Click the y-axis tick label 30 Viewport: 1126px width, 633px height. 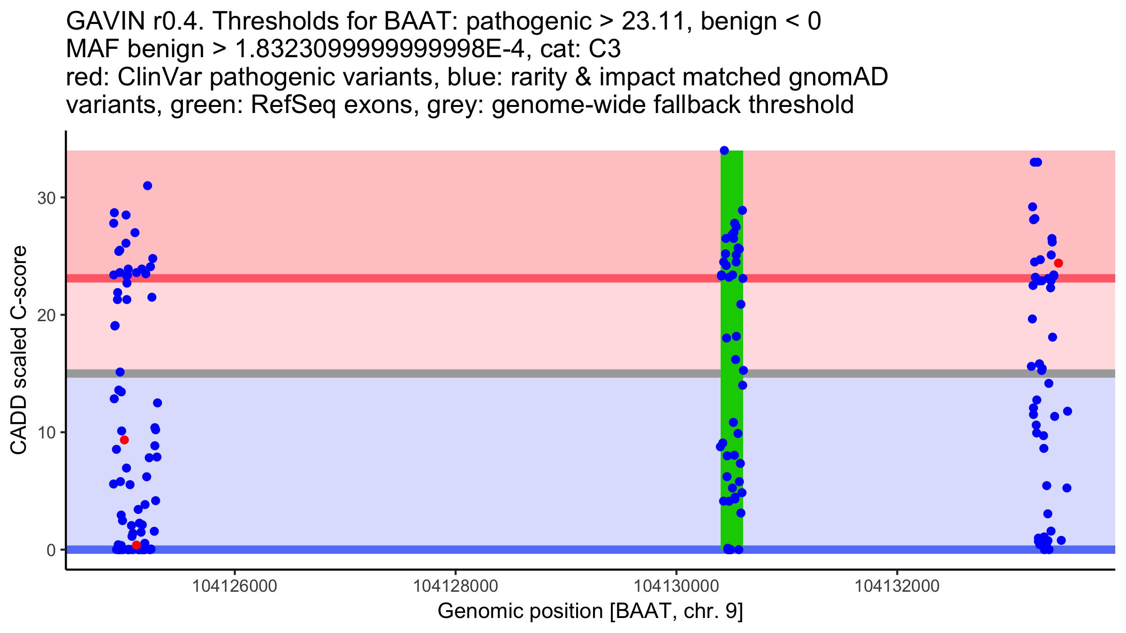46,198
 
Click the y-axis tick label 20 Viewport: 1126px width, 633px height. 46,315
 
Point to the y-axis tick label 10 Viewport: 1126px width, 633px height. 46,432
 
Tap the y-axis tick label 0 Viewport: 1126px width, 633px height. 51,550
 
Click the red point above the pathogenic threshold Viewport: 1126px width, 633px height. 1058,263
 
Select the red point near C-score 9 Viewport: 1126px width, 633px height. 124,440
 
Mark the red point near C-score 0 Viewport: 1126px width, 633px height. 136,545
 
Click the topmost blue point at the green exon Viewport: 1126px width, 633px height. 724,151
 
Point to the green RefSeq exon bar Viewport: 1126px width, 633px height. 732,403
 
